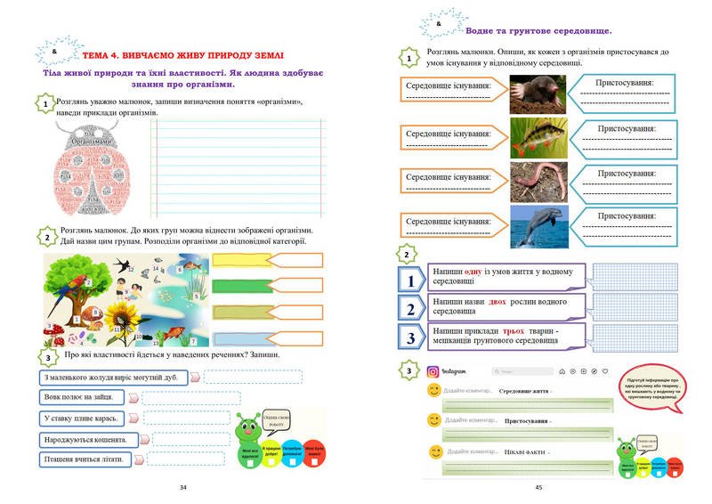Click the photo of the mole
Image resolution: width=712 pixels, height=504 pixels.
click(538, 93)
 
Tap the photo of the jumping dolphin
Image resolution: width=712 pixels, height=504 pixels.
click(538, 226)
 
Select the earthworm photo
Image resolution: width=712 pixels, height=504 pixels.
click(538, 182)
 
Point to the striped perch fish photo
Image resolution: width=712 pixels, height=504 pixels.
click(538, 137)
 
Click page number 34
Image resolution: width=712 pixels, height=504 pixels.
click(183, 487)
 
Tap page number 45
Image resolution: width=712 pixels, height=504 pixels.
click(538, 487)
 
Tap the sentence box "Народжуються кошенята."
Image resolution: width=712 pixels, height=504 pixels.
click(86, 439)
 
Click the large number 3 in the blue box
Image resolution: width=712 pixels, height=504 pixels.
click(411, 337)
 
